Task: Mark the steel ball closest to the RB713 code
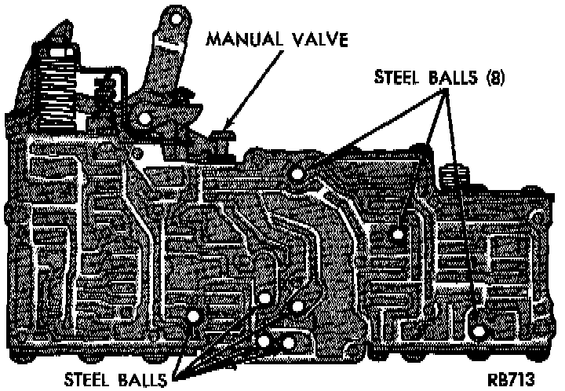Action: (478, 317)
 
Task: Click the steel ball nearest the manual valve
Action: (296, 172)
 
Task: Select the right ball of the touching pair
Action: (288, 343)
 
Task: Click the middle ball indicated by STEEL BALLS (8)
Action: (399, 234)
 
